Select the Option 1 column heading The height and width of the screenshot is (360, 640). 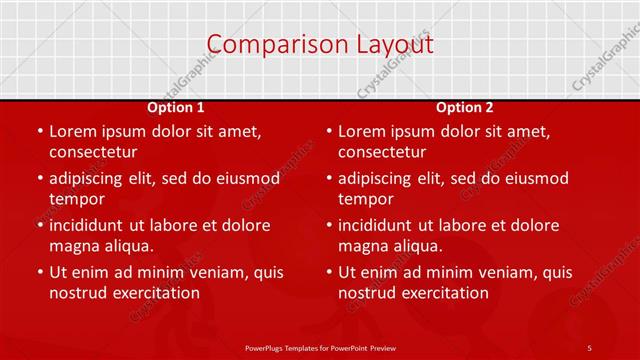pyautogui.click(x=176, y=107)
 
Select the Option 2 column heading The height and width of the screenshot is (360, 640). pyautogui.click(x=465, y=107)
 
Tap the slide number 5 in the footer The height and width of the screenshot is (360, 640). pyautogui.click(x=589, y=347)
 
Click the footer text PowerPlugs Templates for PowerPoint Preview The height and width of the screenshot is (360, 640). pyautogui.click(x=320, y=347)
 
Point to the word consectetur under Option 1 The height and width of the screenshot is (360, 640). pyautogui.click(x=93, y=153)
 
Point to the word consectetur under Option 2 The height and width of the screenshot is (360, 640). pyautogui.click(x=382, y=153)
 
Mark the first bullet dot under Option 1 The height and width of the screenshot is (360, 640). pyautogui.click(x=39, y=132)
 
